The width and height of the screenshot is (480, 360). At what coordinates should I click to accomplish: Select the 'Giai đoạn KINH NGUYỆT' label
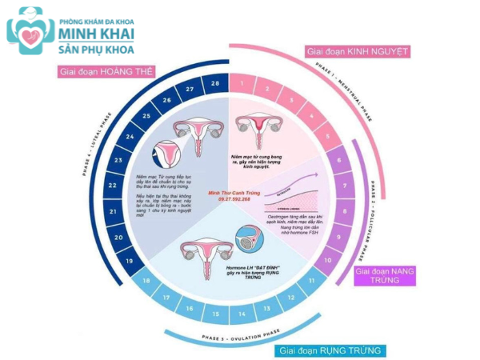(358, 52)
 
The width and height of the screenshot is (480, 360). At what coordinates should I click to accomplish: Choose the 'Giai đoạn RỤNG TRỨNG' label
(330, 350)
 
